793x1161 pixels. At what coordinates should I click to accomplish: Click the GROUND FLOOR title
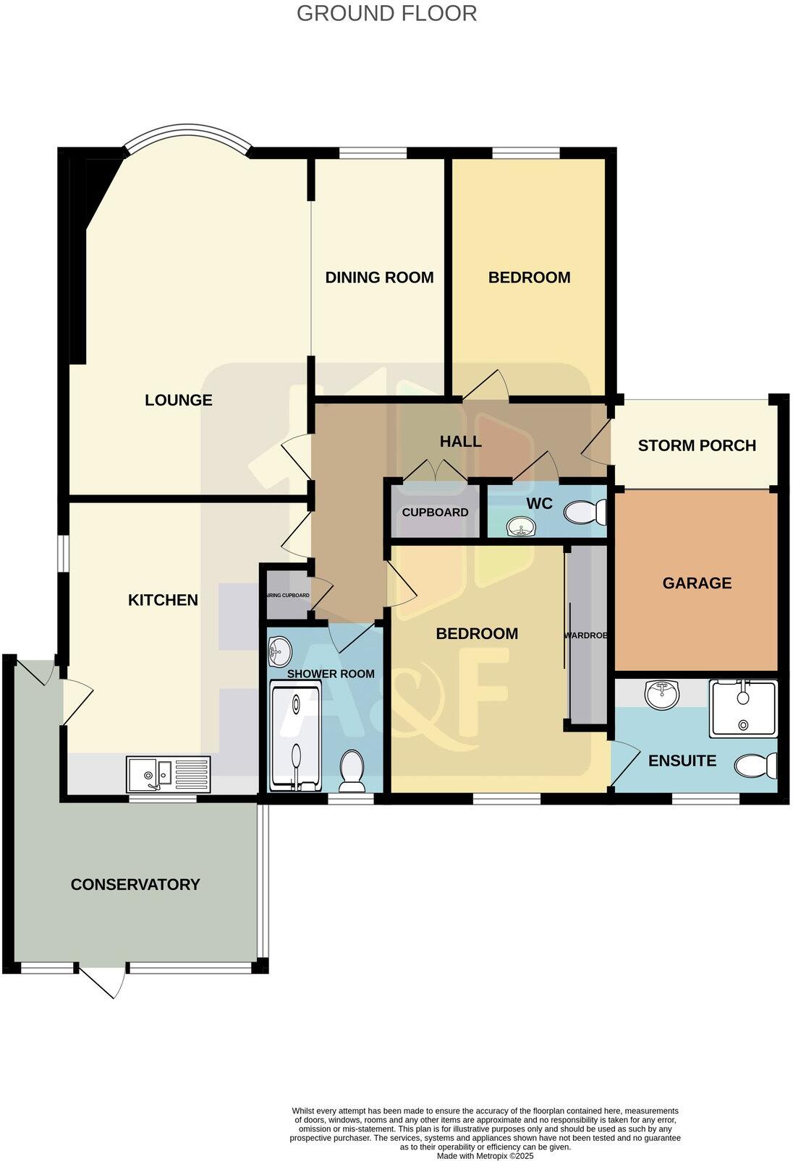coord(386,13)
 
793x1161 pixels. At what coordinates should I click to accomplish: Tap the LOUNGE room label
coord(179,400)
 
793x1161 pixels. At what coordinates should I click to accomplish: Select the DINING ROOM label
coord(379,278)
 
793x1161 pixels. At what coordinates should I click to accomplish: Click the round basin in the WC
coord(520,526)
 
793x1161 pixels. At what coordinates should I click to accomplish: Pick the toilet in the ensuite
coord(755,765)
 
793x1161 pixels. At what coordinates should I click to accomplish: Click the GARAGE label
coord(697,583)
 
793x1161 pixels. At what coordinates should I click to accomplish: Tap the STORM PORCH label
coord(697,445)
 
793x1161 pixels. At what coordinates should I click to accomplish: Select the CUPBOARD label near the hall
coord(435,513)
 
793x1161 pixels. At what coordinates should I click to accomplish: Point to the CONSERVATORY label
coord(135,884)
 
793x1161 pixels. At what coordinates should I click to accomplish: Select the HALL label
coord(461,441)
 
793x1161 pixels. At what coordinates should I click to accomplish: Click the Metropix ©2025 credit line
coord(485,1156)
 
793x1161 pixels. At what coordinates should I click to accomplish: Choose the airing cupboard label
coord(289,596)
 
